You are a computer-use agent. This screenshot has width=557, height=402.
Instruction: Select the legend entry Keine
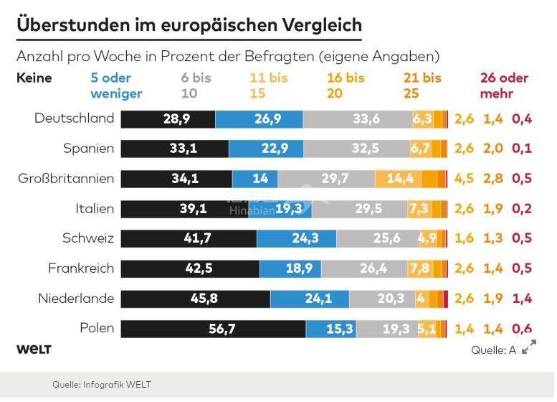point(34,78)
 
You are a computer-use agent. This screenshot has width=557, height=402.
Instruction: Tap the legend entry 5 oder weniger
point(116,85)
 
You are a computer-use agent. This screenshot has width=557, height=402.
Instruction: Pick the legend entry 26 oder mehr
point(504,85)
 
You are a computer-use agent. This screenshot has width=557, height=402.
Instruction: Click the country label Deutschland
point(74,118)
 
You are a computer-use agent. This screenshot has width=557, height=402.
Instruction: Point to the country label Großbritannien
point(66,178)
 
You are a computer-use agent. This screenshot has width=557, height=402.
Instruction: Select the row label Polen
point(97,328)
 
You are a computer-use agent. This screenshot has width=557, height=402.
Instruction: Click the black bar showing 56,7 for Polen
point(213,329)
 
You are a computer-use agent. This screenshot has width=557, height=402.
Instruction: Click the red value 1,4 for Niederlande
point(522,299)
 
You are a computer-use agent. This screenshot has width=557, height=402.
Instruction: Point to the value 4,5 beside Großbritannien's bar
point(464,179)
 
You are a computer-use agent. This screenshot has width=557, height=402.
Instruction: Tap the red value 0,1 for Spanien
point(522,149)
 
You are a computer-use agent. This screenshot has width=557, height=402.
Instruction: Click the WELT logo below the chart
point(34,350)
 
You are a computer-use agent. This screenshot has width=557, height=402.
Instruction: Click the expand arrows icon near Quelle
point(529,348)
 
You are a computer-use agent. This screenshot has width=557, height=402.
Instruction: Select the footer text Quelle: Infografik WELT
point(101,385)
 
